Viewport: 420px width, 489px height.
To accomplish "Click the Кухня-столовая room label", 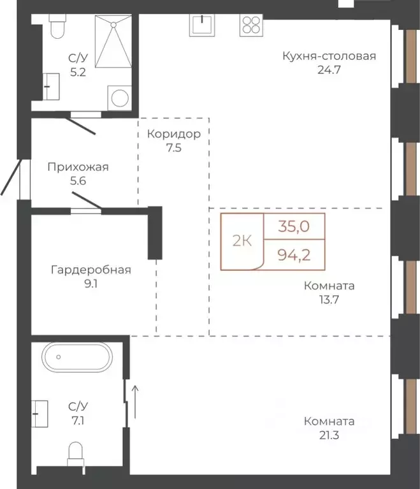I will [329, 56].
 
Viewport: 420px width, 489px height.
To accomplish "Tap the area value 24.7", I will [329, 70].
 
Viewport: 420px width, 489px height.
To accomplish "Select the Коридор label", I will [173, 135].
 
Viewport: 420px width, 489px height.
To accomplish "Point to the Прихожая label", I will [78, 167].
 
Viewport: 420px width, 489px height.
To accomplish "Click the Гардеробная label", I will [91, 270].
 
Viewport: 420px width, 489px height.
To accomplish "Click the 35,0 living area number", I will [294, 226].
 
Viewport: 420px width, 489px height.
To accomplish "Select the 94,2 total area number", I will [294, 256].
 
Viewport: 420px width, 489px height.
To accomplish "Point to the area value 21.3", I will [329, 436].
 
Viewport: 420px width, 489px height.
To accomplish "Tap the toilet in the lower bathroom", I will [77, 455].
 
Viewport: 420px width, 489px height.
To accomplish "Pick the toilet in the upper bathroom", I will [57, 29].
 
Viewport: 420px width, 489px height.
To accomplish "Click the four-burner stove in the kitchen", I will [250, 25].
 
